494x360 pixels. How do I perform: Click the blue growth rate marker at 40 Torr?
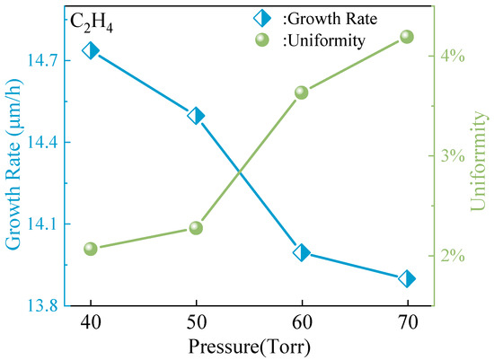pyautogui.click(x=91, y=50)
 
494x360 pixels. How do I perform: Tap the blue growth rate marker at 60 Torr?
pyautogui.click(x=302, y=252)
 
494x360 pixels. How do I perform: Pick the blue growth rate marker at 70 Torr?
pyautogui.click(x=407, y=278)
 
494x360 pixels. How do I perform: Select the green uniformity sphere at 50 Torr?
pyautogui.click(x=196, y=228)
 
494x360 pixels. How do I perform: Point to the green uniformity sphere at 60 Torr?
pyautogui.click(x=302, y=92)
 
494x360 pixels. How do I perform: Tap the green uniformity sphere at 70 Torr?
pyautogui.click(x=407, y=37)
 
